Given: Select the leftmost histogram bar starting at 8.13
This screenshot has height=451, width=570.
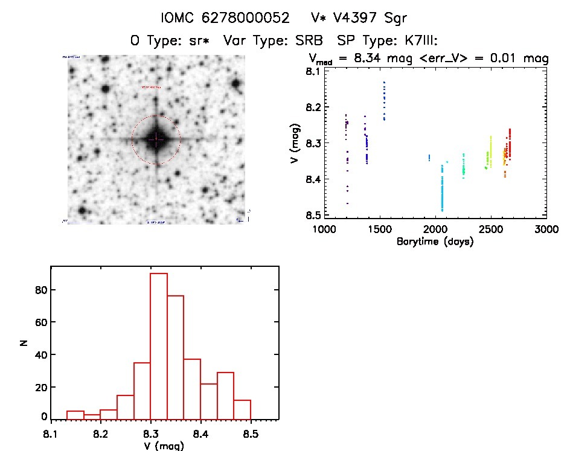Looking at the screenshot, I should pyautogui.click(x=75, y=415).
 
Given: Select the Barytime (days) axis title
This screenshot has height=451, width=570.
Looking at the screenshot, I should pyautogui.click(x=435, y=241).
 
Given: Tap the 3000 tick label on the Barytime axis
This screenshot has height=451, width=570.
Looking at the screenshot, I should pyautogui.click(x=545, y=229).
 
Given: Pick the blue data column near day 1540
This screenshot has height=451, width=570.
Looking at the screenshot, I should pyautogui.click(x=384, y=101).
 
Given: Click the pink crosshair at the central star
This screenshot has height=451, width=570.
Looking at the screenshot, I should pyautogui.click(x=156, y=139).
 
